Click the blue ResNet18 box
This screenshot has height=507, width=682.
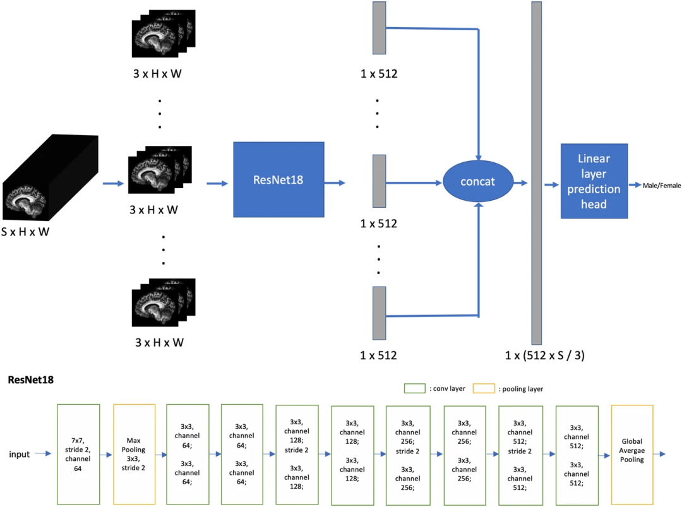(278, 179)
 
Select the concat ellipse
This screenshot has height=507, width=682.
(477, 182)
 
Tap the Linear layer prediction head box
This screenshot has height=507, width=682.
(594, 181)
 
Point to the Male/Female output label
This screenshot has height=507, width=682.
(661, 186)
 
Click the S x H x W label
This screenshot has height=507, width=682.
(25, 232)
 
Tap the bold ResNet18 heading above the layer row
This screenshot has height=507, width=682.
(30, 380)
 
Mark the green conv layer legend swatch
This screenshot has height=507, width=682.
(414, 388)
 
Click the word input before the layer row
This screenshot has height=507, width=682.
(20, 455)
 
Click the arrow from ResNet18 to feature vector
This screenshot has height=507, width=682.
(335, 183)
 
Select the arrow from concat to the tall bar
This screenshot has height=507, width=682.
(520, 183)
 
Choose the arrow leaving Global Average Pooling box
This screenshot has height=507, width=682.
(661, 455)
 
